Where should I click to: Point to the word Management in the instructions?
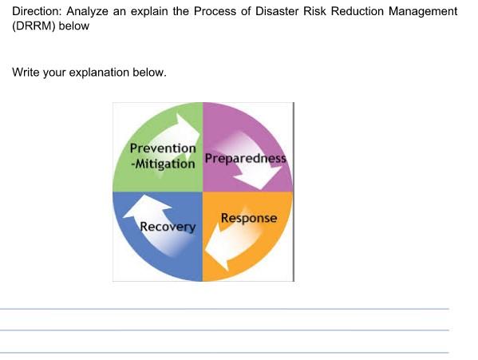421,11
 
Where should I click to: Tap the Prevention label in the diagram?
163,148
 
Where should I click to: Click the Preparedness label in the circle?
245,157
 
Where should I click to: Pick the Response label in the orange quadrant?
249,218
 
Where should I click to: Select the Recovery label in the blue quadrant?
168,227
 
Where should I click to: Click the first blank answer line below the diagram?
224,309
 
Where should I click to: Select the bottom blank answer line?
224,352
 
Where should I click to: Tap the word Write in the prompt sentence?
26,72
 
